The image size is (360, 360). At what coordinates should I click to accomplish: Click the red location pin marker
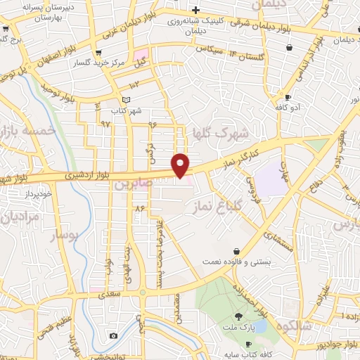pos(181,164)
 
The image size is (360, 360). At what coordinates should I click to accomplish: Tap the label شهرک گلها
pos(221,134)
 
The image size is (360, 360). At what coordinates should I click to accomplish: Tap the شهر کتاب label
pos(127,111)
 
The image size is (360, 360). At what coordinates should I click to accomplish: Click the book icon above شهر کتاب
pos(127,101)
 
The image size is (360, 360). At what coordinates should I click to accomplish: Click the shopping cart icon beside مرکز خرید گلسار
pos(98,52)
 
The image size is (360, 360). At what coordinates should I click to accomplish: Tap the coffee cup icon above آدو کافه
pos(287,97)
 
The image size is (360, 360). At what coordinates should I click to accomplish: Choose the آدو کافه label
pos(289,108)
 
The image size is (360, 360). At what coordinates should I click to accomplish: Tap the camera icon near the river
pos(113,336)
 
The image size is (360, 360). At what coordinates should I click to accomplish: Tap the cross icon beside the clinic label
pos(196,10)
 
